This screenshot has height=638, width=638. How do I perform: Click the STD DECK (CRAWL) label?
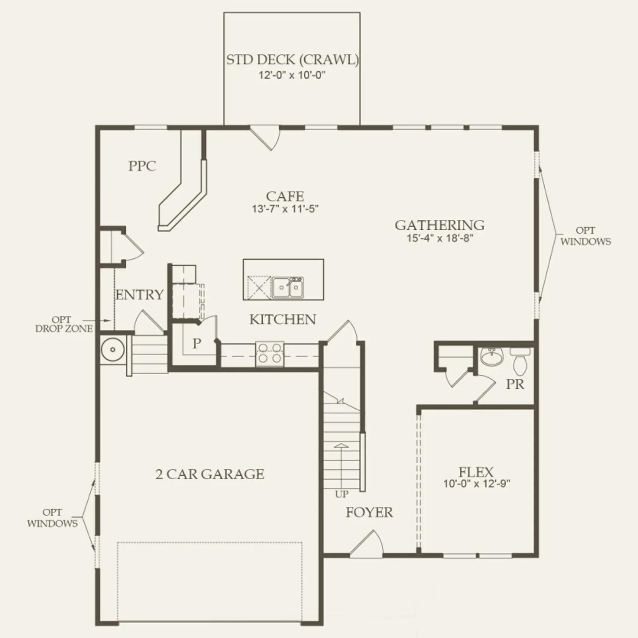click(x=293, y=60)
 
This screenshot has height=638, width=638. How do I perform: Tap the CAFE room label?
click(x=285, y=196)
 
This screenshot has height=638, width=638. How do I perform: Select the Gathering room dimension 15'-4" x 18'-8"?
click(x=440, y=238)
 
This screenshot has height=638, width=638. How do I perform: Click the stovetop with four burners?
click(x=270, y=354)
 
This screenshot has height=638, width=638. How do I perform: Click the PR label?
click(x=515, y=384)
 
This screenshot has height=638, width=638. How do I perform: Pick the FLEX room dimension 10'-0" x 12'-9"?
click(x=477, y=484)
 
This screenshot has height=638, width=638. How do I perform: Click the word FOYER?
click(x=369, y=512)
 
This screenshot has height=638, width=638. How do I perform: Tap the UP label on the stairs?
click(x=342, y=494)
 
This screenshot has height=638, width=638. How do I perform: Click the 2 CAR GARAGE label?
click(x=210, y=474)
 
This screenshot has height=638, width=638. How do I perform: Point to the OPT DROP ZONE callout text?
click(x=64, y=324)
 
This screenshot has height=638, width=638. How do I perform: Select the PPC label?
click(x=142, y=166)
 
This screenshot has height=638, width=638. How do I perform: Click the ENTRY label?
click(x=139, y=295)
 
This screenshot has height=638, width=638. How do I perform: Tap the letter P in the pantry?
click(x=197, y=343)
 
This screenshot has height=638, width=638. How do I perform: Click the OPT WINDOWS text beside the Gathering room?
click(x=585, y=236)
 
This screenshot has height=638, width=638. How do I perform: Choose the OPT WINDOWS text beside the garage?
click(x=52, y=518)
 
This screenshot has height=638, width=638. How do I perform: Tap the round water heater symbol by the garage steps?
click(x=113, y=350)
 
